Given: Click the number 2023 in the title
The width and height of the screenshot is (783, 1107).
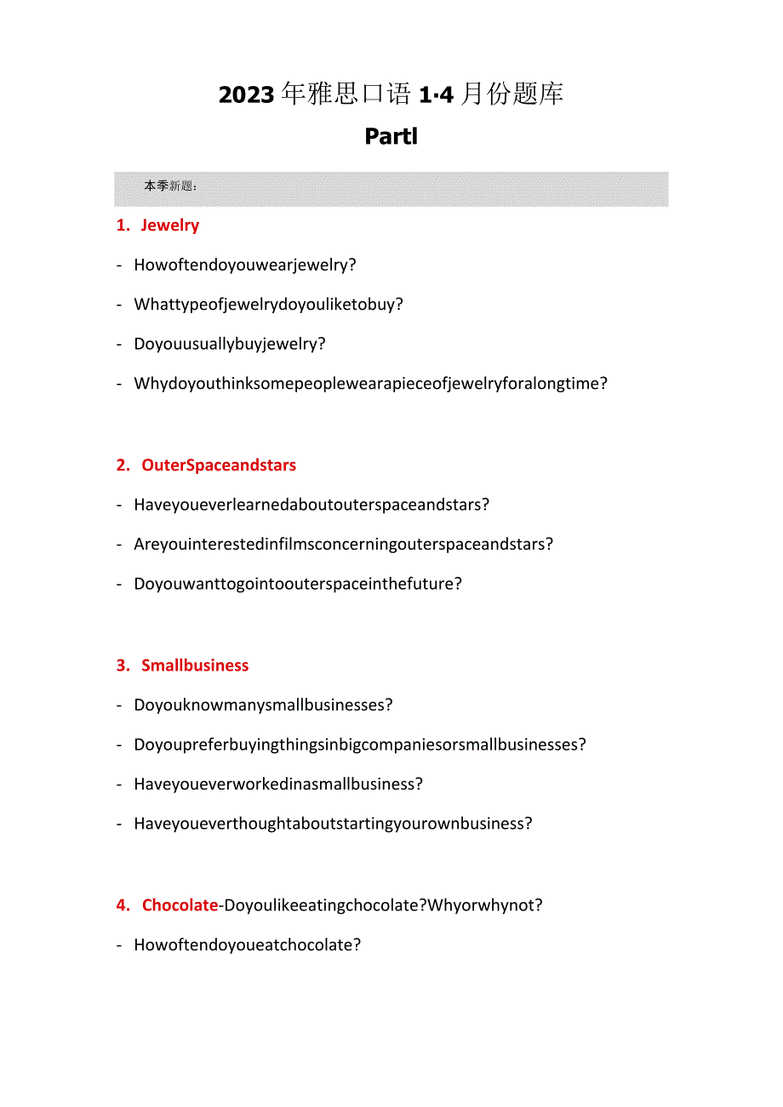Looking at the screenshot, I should [247, 94].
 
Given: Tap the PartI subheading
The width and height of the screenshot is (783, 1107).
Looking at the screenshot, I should [391, 136].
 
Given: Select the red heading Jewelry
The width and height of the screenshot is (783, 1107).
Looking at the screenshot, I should [169, 225].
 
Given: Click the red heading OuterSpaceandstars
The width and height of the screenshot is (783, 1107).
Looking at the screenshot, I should [219, 465].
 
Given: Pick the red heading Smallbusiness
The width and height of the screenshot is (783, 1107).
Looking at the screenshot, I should [195, 665].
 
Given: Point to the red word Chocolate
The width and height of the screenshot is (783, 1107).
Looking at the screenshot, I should [180, 905].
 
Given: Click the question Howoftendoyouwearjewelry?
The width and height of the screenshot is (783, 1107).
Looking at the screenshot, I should [245, 265].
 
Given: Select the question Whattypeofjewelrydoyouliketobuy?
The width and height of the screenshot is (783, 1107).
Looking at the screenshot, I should [268, 304].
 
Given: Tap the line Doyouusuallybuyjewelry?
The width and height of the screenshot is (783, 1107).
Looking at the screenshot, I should [230, 344].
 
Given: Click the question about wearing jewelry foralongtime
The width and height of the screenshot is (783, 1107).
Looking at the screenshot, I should [370, 383].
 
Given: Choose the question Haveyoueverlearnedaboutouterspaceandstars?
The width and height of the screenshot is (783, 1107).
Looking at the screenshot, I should [311, 505].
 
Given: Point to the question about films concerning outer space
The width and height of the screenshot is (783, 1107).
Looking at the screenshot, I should [343, 544].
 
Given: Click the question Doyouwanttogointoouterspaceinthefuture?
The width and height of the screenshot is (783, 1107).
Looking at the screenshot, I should [298, 584].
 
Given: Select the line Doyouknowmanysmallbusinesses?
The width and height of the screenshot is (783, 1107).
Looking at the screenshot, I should [263, 705].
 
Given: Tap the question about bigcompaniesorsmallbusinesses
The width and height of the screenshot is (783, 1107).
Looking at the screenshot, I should [360, 745].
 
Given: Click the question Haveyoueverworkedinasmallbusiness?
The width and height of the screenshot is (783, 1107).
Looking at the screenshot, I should [278, 784].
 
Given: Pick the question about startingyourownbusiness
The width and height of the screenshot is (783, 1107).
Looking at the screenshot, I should [333, 824].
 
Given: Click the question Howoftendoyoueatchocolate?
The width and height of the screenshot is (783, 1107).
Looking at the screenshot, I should [248, 944].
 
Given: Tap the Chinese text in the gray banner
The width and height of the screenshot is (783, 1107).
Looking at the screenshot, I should [170, 186].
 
